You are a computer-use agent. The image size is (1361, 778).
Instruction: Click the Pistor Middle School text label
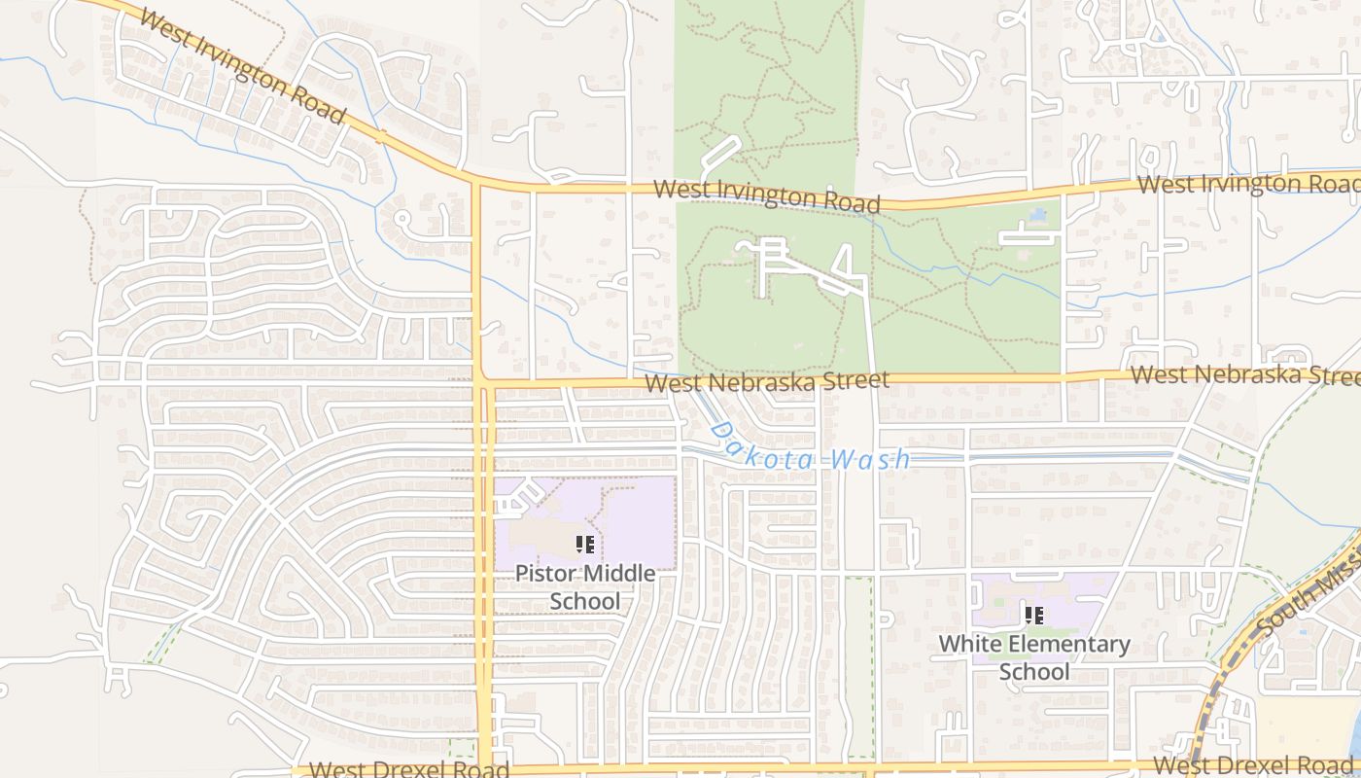pos(584,587)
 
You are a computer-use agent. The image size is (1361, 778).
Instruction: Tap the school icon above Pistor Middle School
pos(584,545)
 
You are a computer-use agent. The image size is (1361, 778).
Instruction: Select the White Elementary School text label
pos(1034,657)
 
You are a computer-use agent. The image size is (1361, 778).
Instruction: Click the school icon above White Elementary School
pos(1034,615)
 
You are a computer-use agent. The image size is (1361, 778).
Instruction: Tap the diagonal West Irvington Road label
pos(242,65)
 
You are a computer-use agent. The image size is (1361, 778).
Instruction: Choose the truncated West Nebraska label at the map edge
pos(1244,374)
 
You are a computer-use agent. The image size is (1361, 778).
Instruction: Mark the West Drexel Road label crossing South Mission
pos(1254,764)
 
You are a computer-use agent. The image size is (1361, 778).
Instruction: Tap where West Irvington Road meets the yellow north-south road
pos(477,181)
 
